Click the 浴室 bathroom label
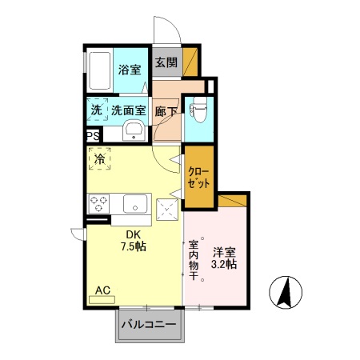[x=129, y=69]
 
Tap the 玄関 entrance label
[x=165, y=62]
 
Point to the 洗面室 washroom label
[x=128, y=110]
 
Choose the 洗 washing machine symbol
[x=96, y=110]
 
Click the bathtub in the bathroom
[x=101, y=73]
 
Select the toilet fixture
[x=197, y=113]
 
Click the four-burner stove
[x=99, y=203]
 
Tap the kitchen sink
[x=133, y=203]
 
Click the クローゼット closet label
[x=199, y=178]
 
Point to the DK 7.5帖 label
[x=133, y=240]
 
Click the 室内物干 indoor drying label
[x=194, y=259]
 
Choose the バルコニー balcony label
[x=150, y=325]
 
